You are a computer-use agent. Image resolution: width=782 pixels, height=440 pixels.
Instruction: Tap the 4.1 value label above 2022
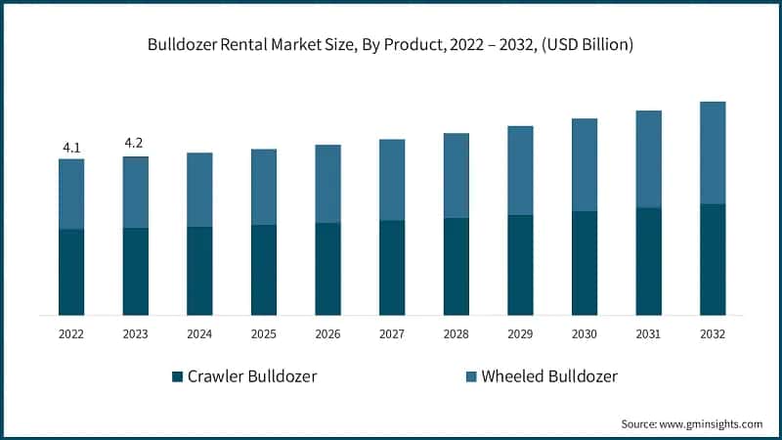tap(71, 148)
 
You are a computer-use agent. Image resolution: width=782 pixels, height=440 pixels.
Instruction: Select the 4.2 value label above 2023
tap(135, 143)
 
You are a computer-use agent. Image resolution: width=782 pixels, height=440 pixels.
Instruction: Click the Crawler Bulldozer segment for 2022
tap(71, 273)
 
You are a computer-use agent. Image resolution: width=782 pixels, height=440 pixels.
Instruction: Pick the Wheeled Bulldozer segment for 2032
tap(713, 153)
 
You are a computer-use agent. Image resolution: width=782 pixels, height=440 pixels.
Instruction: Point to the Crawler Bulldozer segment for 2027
tap(392, 268)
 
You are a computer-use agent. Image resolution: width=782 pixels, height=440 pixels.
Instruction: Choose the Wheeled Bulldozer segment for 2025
tap(264, 187)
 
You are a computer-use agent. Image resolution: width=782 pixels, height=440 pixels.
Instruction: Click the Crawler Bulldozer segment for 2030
tap(585, 263)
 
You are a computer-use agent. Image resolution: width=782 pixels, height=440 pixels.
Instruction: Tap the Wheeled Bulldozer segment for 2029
tap(520, 170)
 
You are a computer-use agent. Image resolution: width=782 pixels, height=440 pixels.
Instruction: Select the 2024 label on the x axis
tap(199, 333)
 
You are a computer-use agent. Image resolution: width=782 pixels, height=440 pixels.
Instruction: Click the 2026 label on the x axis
tap(327, 333)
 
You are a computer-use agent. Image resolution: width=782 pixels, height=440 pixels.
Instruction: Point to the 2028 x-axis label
tap(456, 333)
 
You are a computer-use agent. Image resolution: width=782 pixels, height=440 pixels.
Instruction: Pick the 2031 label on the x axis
tap(648, 333)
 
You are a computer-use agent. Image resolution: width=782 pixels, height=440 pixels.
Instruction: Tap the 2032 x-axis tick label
tap(713, 333)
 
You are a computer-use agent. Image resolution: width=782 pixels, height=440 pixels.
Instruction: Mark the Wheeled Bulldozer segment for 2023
tap(136, 192)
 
